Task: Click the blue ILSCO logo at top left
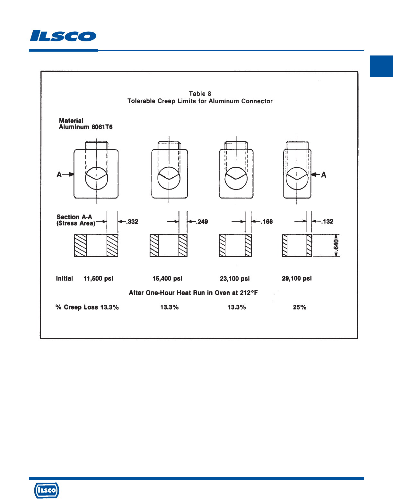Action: [x=63, y=36]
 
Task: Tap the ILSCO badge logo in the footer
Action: [x=47, y=490]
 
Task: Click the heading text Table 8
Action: [x=200, y=94]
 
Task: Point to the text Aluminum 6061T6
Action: [x=86, y=127]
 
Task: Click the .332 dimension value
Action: [x=132, y=222]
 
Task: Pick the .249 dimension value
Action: [x=202, y=222]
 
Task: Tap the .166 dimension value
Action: [x=267, y=222]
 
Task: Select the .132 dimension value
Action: [x=327, y=221]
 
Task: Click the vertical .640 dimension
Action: [x=336, y=245]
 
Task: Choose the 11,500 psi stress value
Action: [x=98, y=278]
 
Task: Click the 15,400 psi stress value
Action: [x=167, y=278]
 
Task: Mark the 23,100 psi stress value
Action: [x=235, y=278]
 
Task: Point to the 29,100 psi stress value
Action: [x=297, y=278]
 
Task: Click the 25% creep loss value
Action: [x=300, y=307]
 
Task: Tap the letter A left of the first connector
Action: [x=59, y=175]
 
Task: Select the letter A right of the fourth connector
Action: [x=324, y=175]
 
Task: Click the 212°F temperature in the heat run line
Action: [x=249, y=292]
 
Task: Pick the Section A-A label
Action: [x=74, y=217]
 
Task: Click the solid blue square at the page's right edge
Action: [x=381, y=66]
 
